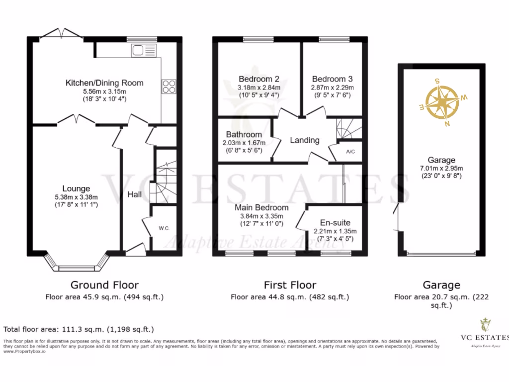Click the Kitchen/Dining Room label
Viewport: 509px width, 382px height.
(104, 83)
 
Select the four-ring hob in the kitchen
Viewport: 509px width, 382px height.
(168, 87)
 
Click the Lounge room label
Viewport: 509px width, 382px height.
(76, 189)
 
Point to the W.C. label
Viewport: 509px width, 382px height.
(165, 228)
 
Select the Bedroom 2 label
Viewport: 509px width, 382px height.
(258, 79)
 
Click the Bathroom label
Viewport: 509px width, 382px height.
(244, 135)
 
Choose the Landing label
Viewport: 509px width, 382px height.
(305, 140)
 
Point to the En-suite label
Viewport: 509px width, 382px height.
(335, 223)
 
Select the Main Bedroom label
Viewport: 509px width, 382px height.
(261, 207)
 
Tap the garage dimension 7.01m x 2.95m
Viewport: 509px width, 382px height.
(441, 168)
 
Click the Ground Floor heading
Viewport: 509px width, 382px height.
(104, 285)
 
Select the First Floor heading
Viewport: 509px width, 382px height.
(290, 285)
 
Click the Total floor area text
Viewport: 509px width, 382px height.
(79, 329)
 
